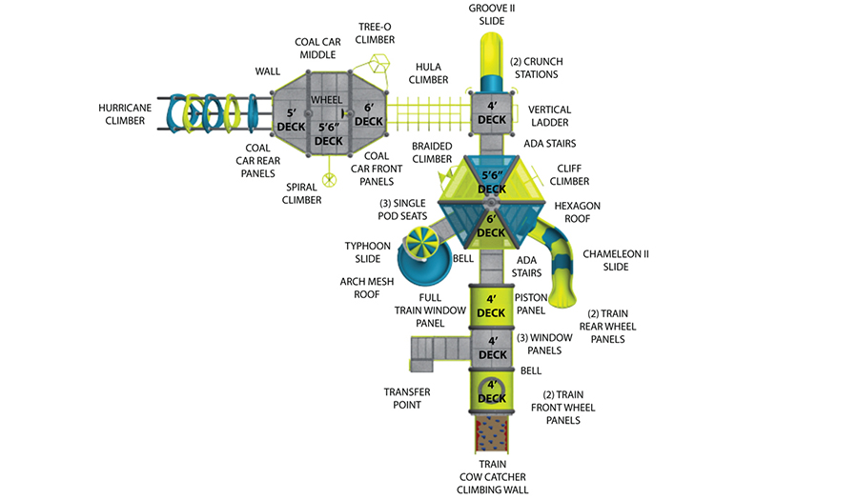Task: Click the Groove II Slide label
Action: click(x=491, y=14)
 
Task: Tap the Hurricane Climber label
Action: click(x=125, y=114)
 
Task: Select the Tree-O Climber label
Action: click(x=375, y=33)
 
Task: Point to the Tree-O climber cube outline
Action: click(x=378, y=63)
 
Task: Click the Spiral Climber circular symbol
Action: click(x=329, y=180)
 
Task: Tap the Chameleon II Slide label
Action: click(x=616, y=261)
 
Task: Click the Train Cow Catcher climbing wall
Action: click(x=491, y=434)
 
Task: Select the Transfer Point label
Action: click(x=406, y=398)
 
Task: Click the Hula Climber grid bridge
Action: click(x=428, y=114)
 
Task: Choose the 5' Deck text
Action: click(x=291, y=120)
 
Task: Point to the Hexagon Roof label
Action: click(x=578, y=212)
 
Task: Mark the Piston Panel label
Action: click(x=531, y=304)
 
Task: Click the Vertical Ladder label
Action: click(x=549, y=116)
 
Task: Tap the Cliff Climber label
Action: click(x=569, y=175)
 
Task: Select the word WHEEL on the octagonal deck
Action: click(x=327, y=100)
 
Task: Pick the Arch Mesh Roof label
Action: click(x=367, y=288)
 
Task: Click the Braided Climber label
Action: click(x=432, y=152)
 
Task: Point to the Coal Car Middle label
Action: click(x=317, y=48)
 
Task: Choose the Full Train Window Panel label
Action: click(x=430, y=310)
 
